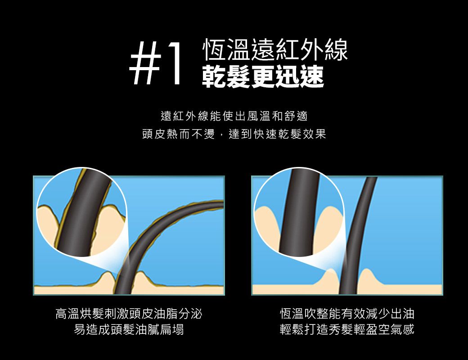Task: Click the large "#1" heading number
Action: [x=156, y=63]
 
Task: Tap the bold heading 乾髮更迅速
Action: [x=263, y=76]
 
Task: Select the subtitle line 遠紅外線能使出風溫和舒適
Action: [x=234, y=116]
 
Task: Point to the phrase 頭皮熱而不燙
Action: [x=179, y=134]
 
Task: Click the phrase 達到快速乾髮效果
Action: [x=277, y=134]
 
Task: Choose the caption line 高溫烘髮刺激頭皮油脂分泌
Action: [x=129, y=314]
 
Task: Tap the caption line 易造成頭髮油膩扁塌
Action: [x=129, y=329]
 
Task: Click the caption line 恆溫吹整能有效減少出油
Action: [x=347, y=314]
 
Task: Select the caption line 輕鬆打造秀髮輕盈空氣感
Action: [x=347, y=329]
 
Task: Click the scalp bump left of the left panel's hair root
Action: [x=107, y=280]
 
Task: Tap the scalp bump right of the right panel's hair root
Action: [x=368, y=278]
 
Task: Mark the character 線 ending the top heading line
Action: [x=336, y=50]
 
